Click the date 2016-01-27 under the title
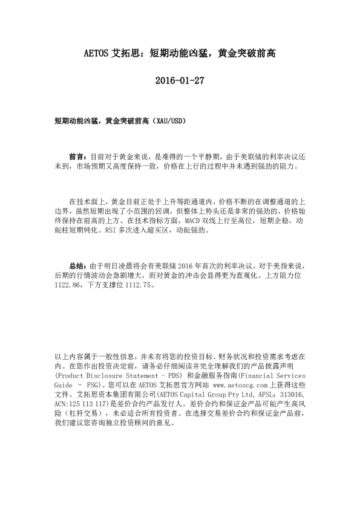[x=179, y=80]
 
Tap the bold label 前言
[x=77, y=155]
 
